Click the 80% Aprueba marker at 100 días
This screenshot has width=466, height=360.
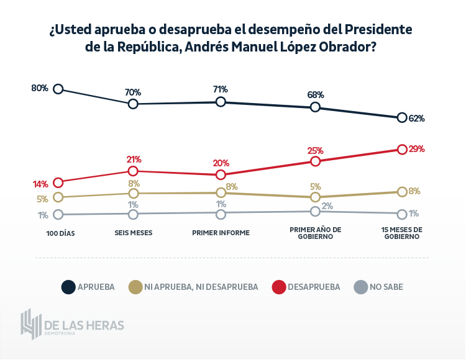[x=58, y=89]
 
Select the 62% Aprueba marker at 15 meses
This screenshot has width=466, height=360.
[x=402, y=118]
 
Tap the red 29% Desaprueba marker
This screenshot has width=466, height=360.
[x=402, y=150]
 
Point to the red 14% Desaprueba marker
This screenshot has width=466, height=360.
[x=58, y=182]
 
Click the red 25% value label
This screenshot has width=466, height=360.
[x=316, y=150]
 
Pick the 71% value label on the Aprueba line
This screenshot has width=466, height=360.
[x=221, y=89]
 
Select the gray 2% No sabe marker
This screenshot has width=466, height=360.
[x=315, y=212]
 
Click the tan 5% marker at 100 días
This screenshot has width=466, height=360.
[x=58, y=197]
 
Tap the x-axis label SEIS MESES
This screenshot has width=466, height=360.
[x=134, y=233]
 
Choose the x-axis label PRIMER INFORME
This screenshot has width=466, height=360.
[x=221, y=233]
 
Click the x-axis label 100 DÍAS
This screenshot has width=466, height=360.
[x=60, y=233]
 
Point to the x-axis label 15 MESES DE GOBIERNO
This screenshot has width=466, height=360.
[x=402, y=233]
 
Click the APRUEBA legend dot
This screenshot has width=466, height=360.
[x=68, y=287]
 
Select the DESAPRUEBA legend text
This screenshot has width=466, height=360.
[x=314, y=287]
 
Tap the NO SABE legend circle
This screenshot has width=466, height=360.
[x=360, y=287]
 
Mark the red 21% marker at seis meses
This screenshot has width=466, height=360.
[x=133, y=171]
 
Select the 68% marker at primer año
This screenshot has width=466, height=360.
[x=315, y=107]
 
